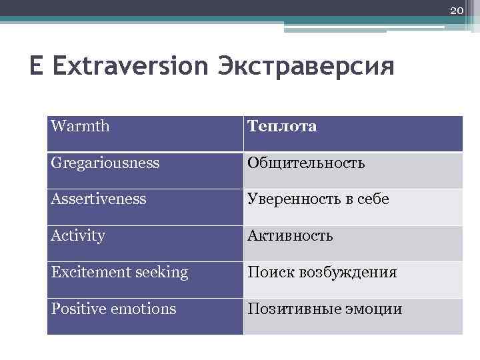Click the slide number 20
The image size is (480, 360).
coord(457,10)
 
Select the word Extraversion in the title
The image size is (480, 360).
coord(124,67)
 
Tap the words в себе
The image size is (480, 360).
coord(371,200)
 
